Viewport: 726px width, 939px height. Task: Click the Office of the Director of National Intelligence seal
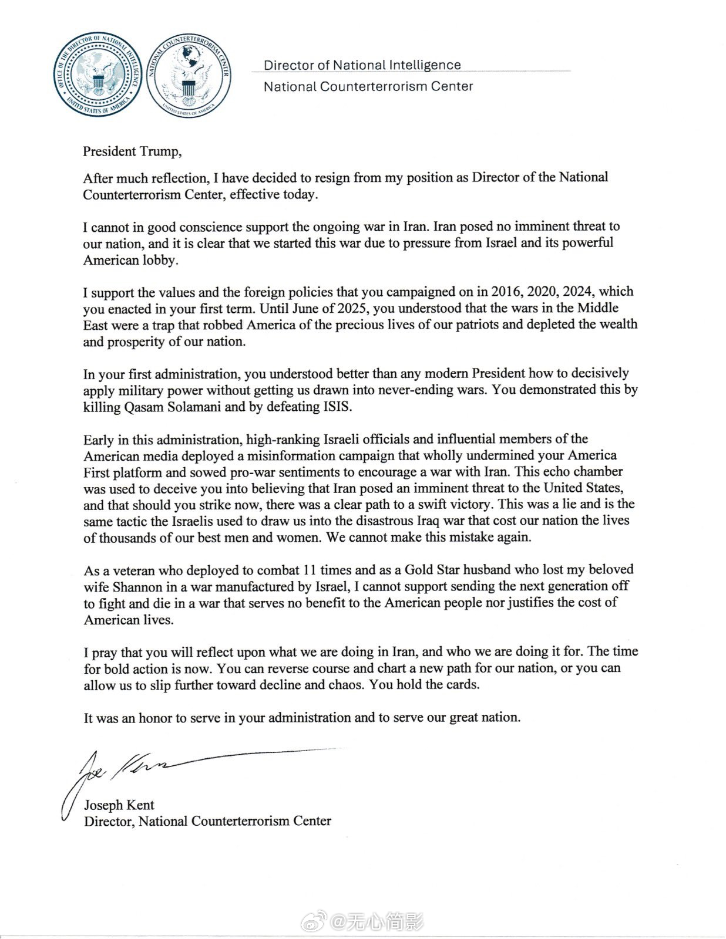click(x=98, y=75)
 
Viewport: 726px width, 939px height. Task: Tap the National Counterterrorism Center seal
click(x=189, y=75)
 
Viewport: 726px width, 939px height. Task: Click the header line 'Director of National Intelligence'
click(x=362, y=65)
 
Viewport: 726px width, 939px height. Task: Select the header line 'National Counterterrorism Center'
click(x=368, y=87)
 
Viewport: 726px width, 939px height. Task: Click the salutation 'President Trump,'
click(x=132, y=151)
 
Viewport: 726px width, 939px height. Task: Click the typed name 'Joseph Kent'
click(x=119, y=805)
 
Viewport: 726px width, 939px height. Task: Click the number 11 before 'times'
click(x=311, y=569)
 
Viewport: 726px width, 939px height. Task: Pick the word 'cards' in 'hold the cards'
click(x=462, y=684)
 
